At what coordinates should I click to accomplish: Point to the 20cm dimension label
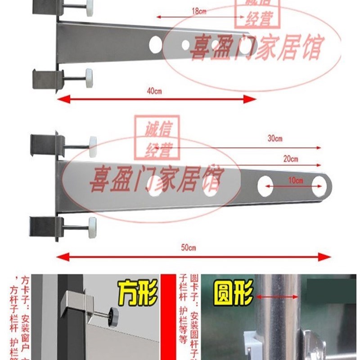(290, 159)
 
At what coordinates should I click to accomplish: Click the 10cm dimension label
(296, 180)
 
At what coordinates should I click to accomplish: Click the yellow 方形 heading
(138, 292)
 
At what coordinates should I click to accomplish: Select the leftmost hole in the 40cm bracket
(155, 44)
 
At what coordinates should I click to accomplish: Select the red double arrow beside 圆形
(277, 297)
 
